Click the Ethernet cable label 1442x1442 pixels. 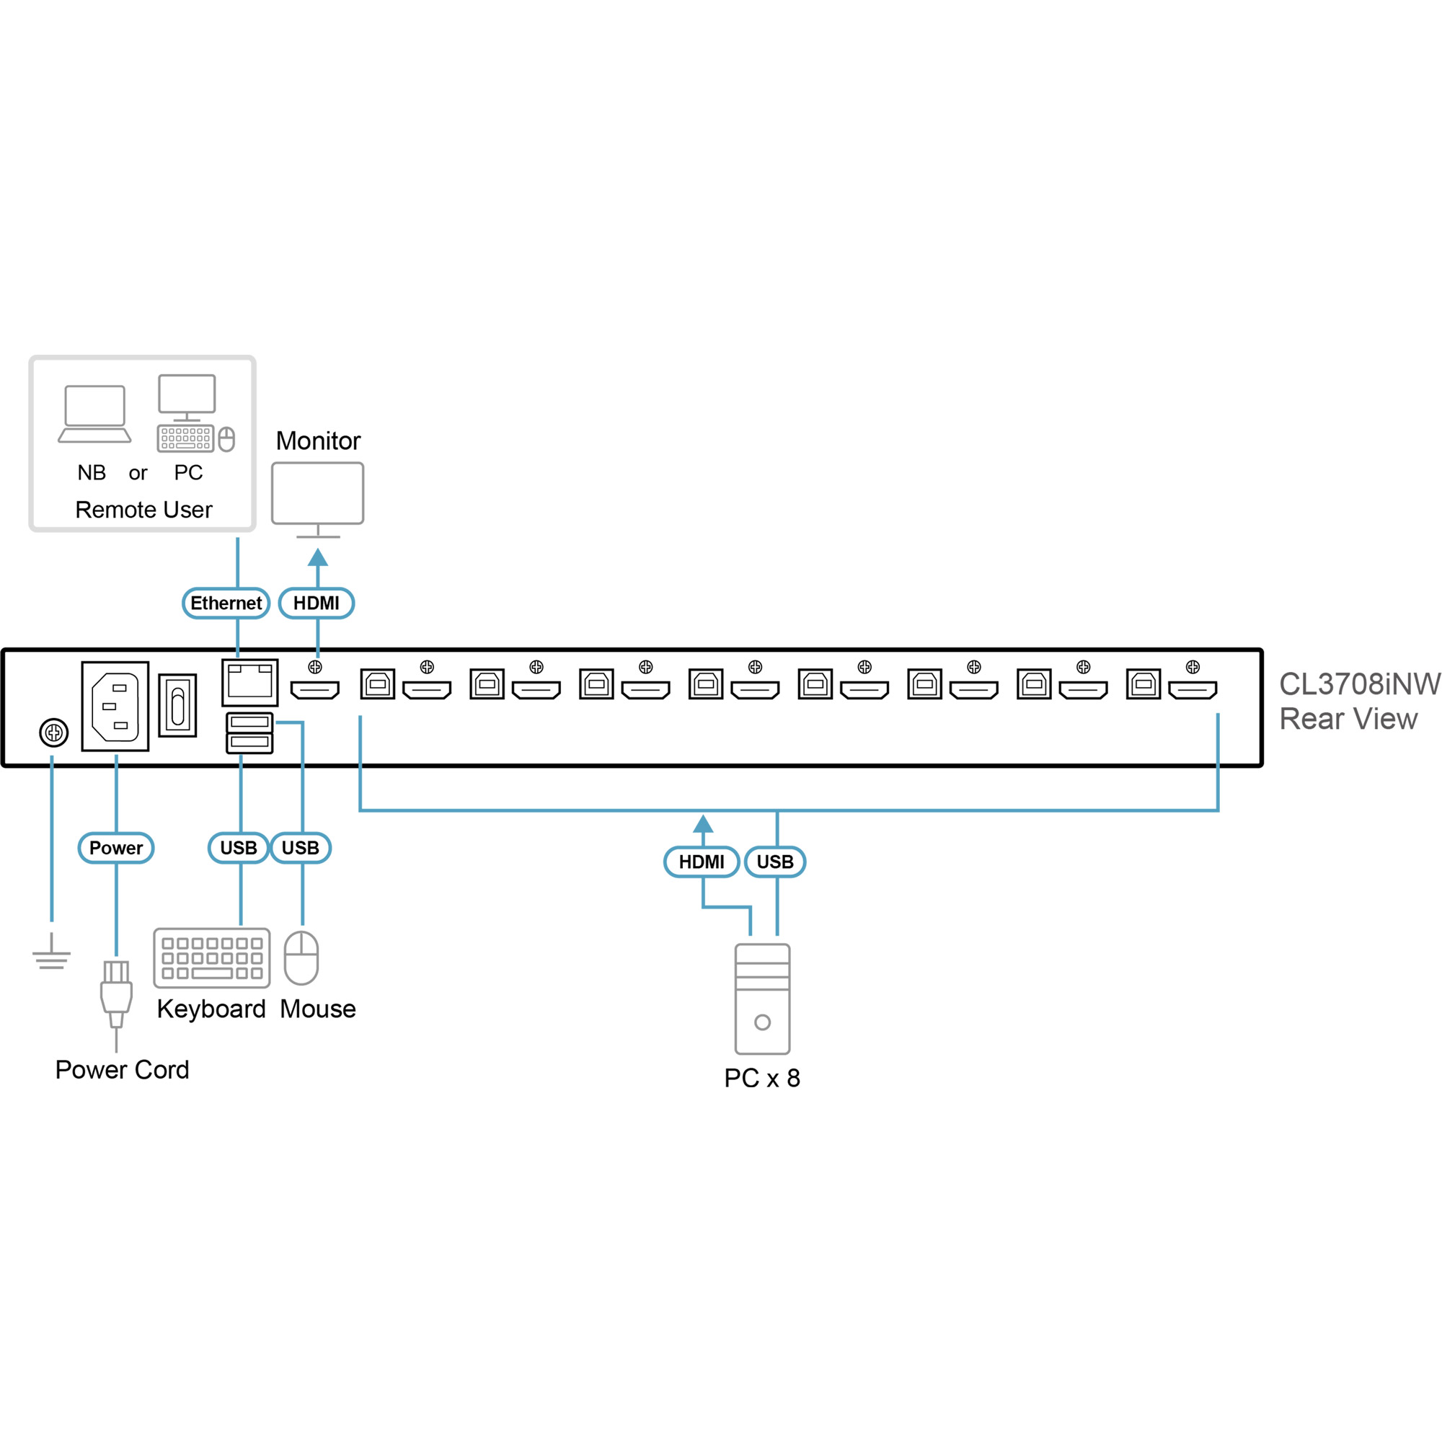[226, 603]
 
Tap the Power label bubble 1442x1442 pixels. [115, 848]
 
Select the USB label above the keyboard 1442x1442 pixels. [238, 848]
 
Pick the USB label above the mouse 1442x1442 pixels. [300, 848]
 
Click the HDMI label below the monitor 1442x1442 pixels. [316, 603]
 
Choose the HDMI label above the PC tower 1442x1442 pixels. [701, 862]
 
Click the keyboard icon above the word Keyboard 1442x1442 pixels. [212, 957]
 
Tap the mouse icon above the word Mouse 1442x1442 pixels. [301, 957]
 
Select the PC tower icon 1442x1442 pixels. [762, 999]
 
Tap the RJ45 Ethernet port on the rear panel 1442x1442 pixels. [249, 682]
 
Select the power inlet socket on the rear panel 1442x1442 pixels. [115, 706]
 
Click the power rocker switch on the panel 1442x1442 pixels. [177, 705]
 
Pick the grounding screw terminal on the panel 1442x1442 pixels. [54, 733]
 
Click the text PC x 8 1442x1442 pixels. [761, 1078]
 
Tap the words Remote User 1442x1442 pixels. [143, 510]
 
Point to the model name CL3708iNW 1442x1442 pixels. [1359, 684]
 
